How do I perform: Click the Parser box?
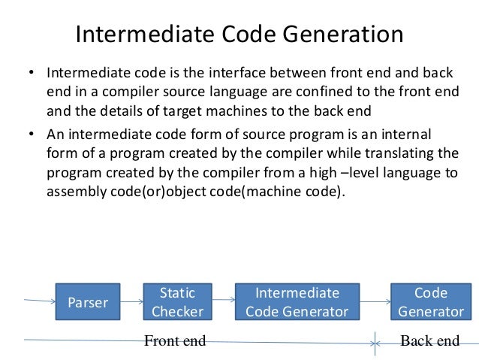pos(88,302)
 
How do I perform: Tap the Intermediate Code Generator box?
pos(297,302)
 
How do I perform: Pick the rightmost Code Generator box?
pos(431,302)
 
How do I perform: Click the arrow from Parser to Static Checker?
pos(131,303)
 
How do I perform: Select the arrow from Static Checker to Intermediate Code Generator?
pos(218,303)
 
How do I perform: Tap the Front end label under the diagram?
pos(174,341)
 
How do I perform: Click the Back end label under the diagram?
pos(429,341)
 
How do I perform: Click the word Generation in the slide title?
pos(344,35)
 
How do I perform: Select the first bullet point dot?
pos(31,75)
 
